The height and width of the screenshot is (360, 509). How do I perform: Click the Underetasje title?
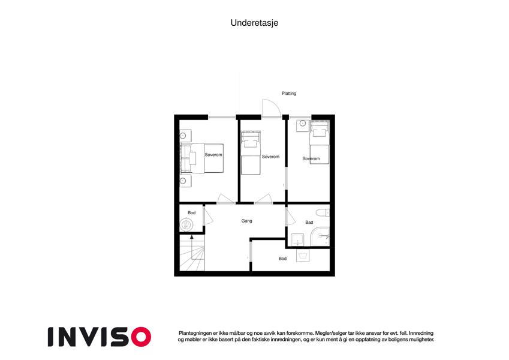[254, 23]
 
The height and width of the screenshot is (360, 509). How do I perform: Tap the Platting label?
[289, 93]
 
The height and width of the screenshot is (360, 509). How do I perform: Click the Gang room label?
[247, 221]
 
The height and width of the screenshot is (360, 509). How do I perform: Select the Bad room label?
[309, 222]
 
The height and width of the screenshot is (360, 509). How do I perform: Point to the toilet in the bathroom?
[323, 213]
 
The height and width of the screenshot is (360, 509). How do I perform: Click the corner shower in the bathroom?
[320, 236]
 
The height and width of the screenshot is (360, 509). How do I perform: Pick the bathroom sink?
[297, 239]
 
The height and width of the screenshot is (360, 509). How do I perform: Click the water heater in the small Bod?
[186, 225]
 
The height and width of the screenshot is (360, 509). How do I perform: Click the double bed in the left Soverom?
[202, 158]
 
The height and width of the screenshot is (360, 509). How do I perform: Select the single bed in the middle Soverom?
[251, 153]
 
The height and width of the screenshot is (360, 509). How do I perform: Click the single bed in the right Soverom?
[320, 142]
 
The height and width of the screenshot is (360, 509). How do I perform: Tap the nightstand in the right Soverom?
[303, 126]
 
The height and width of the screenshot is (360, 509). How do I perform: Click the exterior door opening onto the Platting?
[272, 108]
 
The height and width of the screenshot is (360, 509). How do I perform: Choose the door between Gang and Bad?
[290, 217]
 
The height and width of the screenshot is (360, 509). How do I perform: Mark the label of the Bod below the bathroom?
[282, 259]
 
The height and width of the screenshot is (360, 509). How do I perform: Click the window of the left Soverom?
[222, 117]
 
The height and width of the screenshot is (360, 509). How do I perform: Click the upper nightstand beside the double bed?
[186, 136]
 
